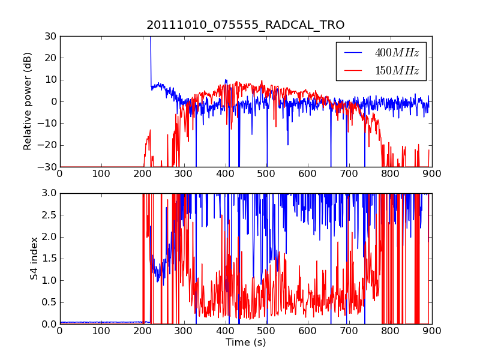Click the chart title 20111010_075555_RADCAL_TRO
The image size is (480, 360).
click(245, 25)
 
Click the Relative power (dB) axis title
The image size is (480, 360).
click(27, 101)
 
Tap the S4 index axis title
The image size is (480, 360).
click(34, 259)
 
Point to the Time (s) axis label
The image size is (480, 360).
click(246, 342)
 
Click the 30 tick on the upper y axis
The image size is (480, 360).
click(50, 37)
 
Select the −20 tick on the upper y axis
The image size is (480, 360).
click(47, 145)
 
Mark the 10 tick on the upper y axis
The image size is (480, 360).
click(50, 80)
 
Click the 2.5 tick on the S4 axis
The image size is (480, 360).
click(49, 215)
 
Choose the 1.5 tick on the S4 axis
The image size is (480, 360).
click(49, 259)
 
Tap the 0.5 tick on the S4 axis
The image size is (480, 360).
click(49, 302)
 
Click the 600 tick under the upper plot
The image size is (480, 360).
click(307, 174)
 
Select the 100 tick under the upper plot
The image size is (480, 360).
click(101, 174)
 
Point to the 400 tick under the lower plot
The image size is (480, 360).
click(225, 331)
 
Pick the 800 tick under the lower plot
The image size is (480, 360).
click(391, 331)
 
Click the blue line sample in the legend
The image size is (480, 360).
click(353, 53)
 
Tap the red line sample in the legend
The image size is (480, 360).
click(353, 70)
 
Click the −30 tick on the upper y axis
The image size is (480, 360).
click(47, 167)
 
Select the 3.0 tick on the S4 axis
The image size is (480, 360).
click(49, 193)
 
